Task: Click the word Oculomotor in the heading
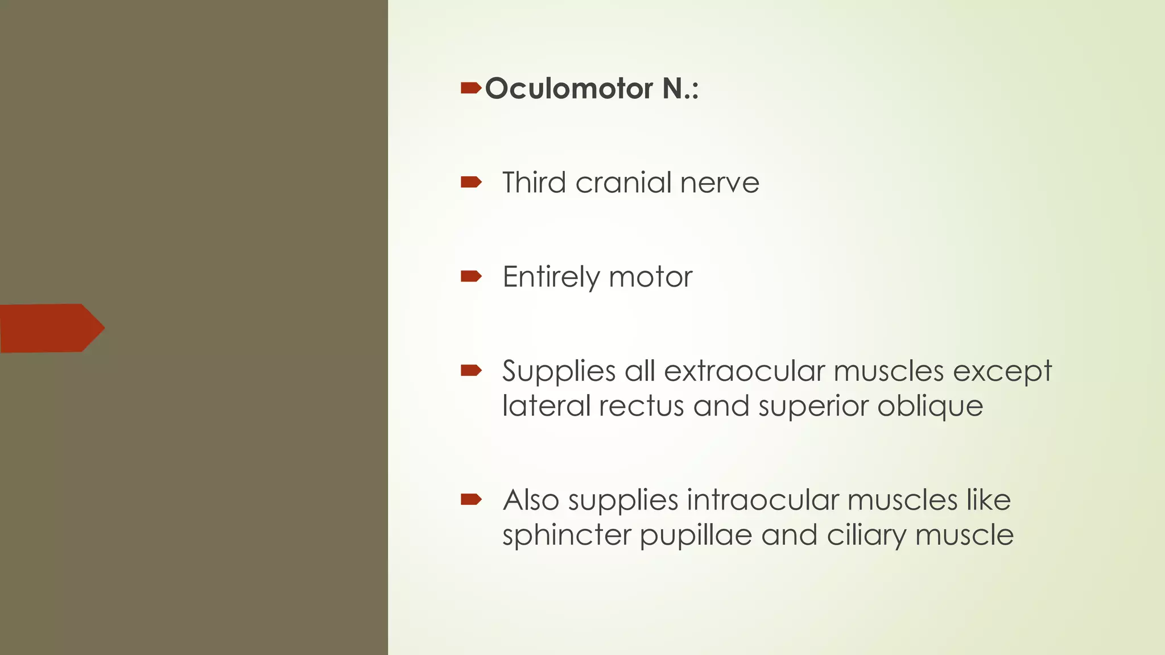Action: [x=569, y=89]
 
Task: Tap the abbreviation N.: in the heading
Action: [x=680, y=89]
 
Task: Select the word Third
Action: [x=534, y=183]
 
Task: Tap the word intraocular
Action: [x=762, y=500]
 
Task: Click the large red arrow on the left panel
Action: [x=52, y=328]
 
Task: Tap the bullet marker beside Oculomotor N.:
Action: [x=471, y=88]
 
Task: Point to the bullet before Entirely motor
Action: [x=471, y=277]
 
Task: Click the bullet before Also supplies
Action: [x=471, y=500]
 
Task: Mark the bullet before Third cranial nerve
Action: [x=471, y=183]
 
